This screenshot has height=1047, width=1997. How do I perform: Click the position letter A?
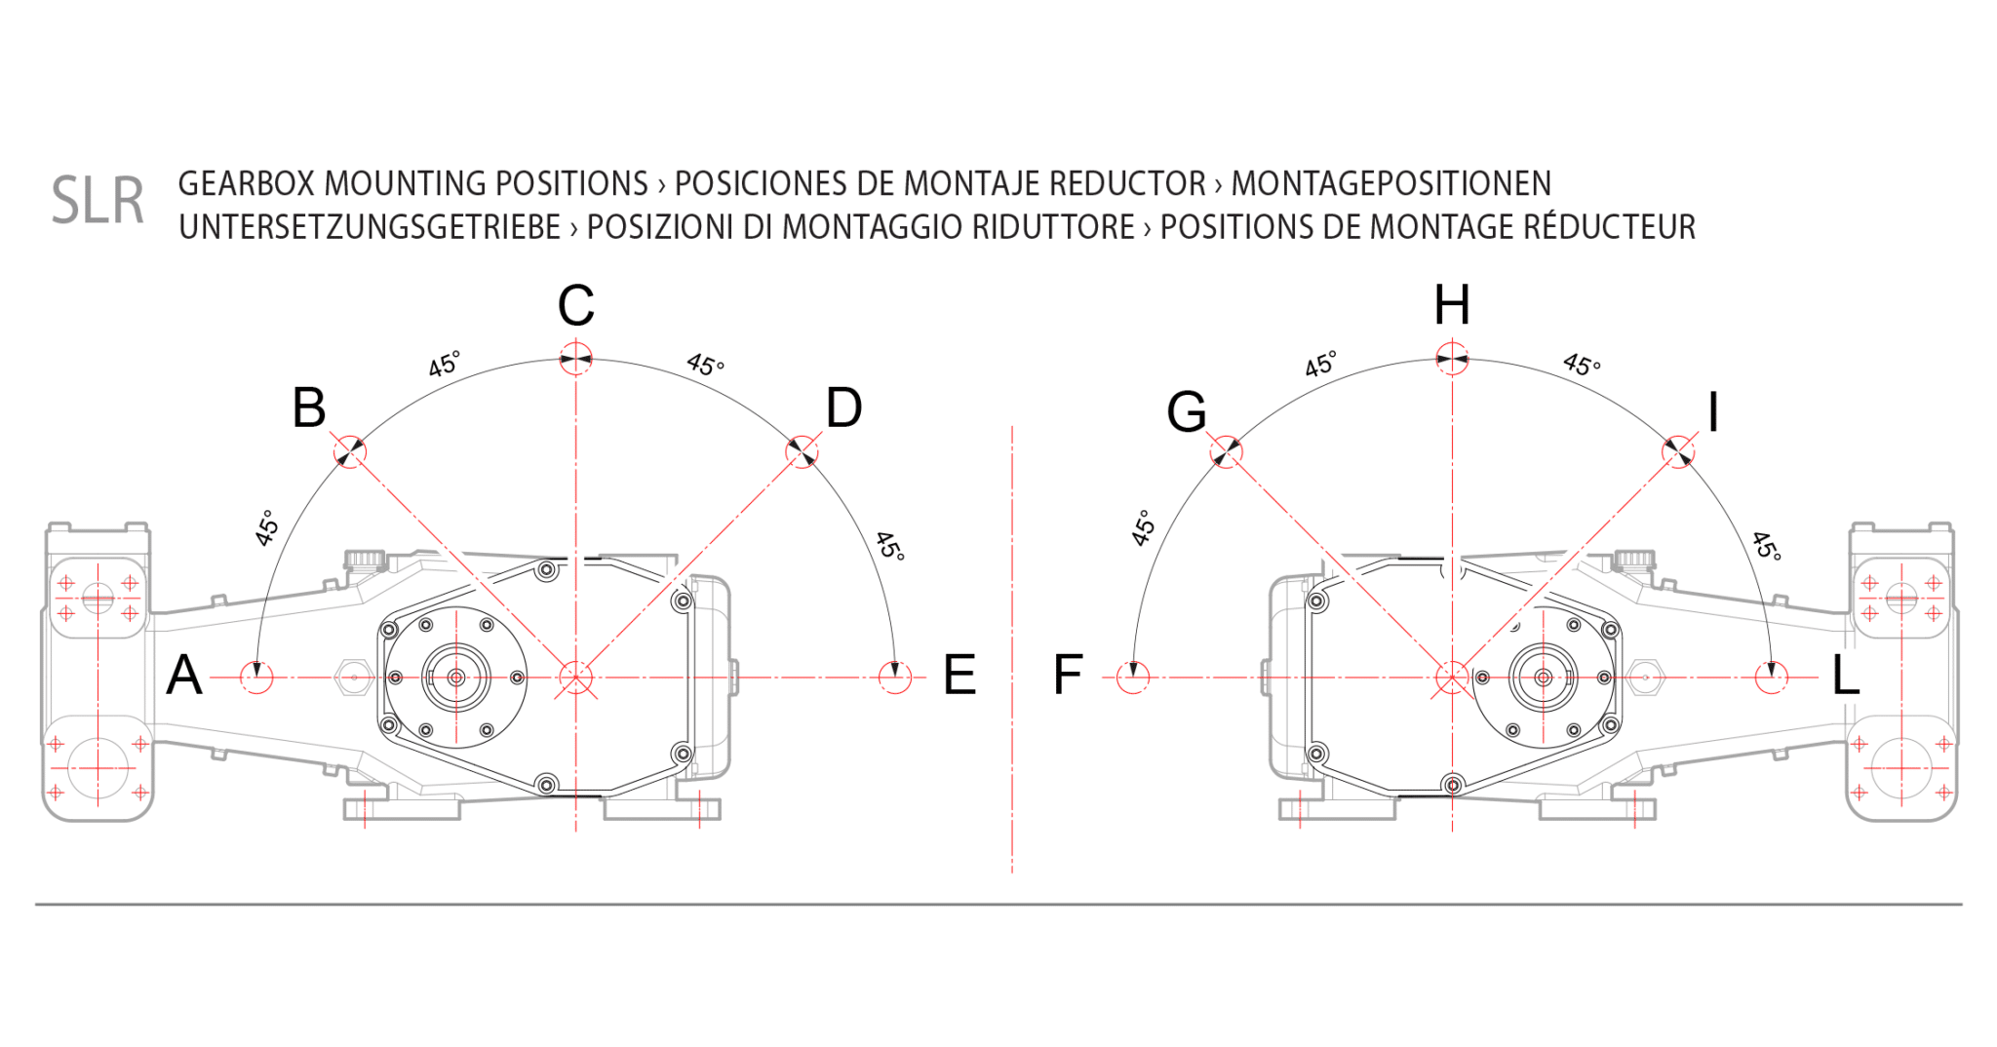184,675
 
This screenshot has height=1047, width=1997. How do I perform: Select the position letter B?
309,407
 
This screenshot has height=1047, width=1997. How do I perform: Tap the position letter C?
576,306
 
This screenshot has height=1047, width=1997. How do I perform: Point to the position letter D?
844,407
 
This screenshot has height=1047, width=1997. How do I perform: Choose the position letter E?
959,675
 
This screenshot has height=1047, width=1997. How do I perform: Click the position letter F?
1068,675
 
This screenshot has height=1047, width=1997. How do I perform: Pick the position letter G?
1187,411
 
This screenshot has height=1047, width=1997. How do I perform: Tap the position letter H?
1452,305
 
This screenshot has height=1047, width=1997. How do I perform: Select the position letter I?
1713,411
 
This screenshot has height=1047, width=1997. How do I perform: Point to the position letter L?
1846,675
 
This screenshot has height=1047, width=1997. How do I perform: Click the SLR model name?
98,201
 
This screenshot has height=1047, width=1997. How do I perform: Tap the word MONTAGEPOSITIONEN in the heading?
1390,183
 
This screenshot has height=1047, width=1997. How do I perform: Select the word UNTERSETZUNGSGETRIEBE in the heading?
370,227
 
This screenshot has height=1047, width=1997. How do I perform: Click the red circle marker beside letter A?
257,677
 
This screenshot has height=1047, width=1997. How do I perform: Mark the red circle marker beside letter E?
894,677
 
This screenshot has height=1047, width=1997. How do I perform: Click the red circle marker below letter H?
1452,357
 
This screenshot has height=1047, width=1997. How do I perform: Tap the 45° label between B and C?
444,364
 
